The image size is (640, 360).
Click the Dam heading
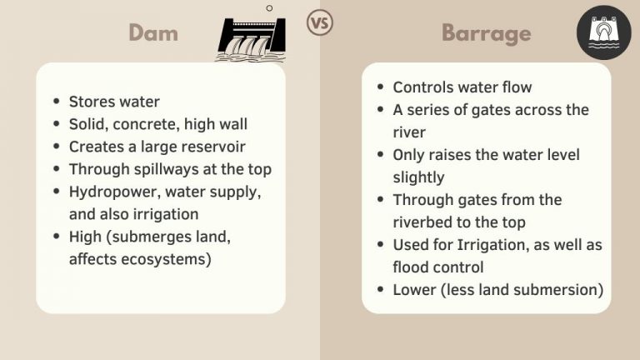click(153, 32)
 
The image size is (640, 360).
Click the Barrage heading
click(486, 32)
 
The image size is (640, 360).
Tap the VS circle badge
click(319, 22)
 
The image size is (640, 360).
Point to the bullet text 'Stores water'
click(114, 102)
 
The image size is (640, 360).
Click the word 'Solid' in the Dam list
click(87, 124)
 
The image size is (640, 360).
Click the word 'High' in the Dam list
click(85, 237)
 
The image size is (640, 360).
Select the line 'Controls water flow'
click(462, 87)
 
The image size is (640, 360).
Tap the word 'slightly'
click(418, 177)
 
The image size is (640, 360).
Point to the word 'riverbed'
click(423, 222)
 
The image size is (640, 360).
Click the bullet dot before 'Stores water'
click(56, 102)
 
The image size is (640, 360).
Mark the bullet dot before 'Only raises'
click(380, 155)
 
